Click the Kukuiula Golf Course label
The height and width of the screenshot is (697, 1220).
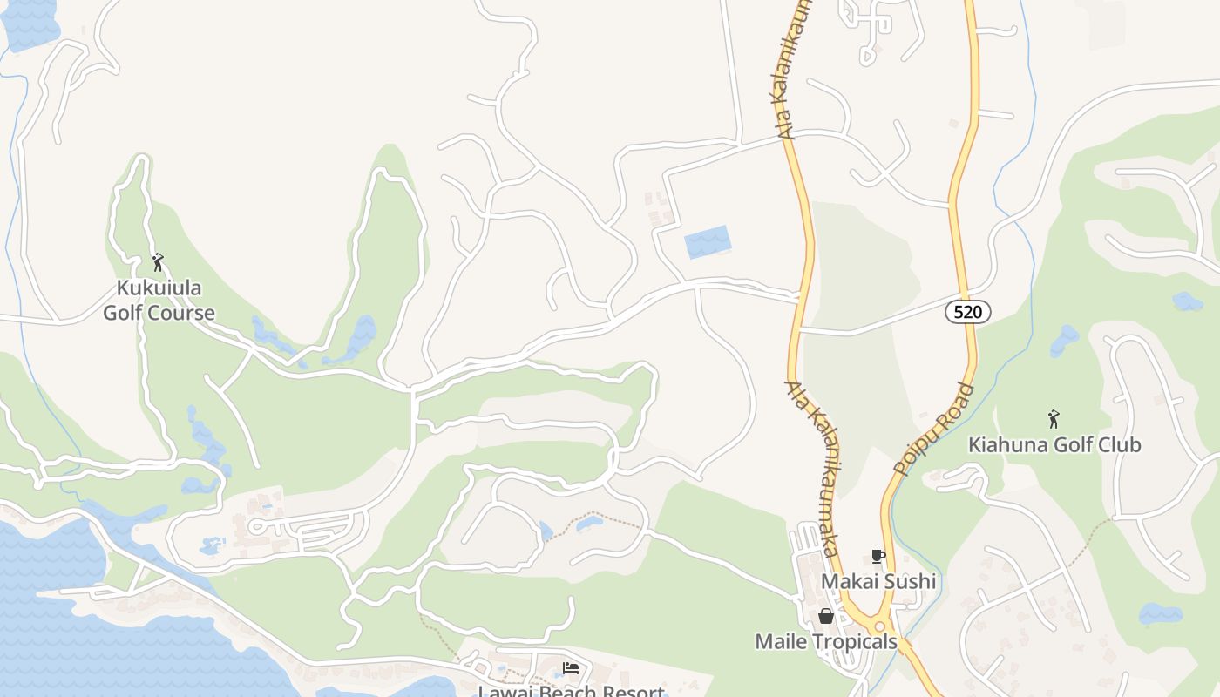coord(159,300)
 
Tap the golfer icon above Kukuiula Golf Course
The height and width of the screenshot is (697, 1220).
coord(158,261)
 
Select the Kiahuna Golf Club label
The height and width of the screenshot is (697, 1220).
coord(1054,444)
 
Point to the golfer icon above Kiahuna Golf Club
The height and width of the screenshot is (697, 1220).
coord(1054,419)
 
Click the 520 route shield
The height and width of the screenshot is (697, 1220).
coord(968,312)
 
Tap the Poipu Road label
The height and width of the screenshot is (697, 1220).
coord(934,430)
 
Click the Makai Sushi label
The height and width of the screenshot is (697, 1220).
coord(878,581)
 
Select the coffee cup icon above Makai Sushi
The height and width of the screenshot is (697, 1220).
coord(878,556)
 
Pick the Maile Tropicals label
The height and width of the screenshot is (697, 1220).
coord(825,642)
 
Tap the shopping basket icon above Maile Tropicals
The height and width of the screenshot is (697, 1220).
coord(825,617)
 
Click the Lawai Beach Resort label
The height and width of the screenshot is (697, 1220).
coord(571,691)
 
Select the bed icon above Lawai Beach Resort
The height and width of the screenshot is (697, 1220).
coord(571,668)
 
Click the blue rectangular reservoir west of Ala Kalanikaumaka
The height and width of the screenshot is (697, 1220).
coord(707,241)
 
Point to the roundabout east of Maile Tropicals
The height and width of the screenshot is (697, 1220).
coord(880,626)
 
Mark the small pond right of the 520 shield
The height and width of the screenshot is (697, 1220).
coord(1187,301)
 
